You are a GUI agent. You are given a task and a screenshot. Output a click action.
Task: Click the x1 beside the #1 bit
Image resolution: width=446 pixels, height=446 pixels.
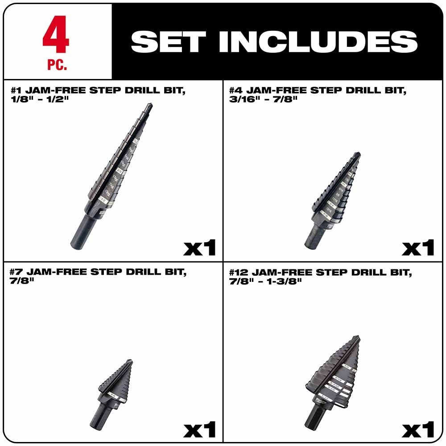pyautogui.click(x=199, y=248)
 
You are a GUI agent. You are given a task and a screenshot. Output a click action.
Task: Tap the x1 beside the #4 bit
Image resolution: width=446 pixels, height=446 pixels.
pyautogui.click(x=418, y=248)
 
